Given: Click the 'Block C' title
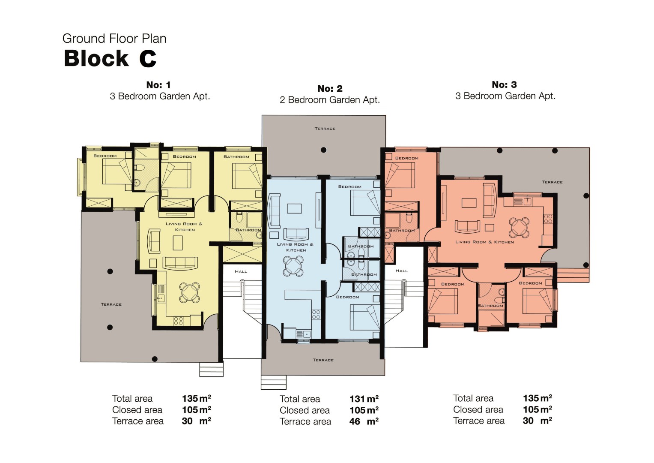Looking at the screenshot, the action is click(x=110, y=58).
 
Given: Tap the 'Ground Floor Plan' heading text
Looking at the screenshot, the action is click(x=114, y=39).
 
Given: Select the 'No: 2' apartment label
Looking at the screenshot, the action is click(x=330, y=88).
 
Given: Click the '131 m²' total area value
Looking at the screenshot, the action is click(x=364, y=399).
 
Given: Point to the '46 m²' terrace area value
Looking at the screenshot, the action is click(x=364, y=421).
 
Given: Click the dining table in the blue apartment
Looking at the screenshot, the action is click(x=293, y=266).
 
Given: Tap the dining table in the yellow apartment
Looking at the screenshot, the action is click(x=189, y=292).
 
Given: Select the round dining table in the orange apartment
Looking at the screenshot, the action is click(x=519, y=227).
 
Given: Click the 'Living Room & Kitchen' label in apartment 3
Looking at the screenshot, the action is click(x=484, y=242).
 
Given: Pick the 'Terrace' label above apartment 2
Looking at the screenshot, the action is click(x=325, y=129).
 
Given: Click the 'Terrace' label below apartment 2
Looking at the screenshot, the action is click(x=323, y=360).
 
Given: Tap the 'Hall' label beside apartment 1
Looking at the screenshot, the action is click(x=241, y=271).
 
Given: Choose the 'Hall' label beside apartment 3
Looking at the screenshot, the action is click(x=401, y=271).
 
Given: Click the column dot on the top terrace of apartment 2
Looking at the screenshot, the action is click(x=323, y=150).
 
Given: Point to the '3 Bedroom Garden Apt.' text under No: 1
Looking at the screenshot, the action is click(x=160, y=96).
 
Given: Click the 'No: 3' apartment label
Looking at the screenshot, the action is click(x=504, y=84).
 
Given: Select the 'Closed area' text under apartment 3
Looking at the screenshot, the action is click(x=478, y=409).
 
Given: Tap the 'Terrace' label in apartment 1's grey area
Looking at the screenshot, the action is click(x=111, y=304).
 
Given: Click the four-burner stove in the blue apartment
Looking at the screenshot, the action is click(x=316, y=315).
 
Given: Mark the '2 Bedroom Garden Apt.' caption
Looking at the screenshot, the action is click(x=330, y=100).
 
